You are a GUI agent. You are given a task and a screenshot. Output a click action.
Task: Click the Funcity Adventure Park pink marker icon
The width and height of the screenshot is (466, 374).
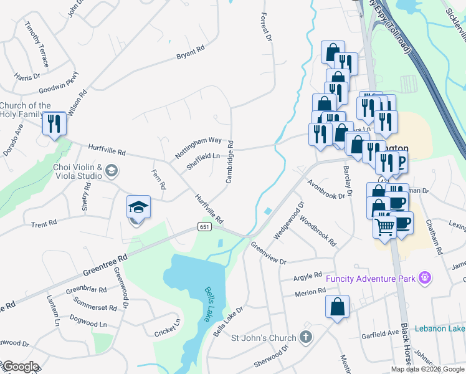[x=425, y=277]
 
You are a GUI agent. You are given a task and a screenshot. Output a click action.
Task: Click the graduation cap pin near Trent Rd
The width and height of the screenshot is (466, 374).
[x=138, y=207]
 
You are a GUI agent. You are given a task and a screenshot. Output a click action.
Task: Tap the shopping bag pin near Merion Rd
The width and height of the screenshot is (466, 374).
[x=337, y=307]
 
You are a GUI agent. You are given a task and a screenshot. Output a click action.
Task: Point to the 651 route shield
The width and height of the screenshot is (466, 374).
[x=205, y=227]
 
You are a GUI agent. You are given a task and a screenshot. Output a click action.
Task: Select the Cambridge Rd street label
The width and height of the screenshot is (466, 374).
[x=230, y=161]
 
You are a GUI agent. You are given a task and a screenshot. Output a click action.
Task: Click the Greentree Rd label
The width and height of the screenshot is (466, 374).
[x=104, y=265]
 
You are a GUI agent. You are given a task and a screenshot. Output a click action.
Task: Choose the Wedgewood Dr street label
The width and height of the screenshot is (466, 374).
[x=287, y=219]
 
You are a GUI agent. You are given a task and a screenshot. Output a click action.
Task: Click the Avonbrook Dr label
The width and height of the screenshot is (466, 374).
[x=325, y=189]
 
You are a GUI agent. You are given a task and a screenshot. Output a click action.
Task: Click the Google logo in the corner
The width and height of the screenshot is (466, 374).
[x=20, y=367]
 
